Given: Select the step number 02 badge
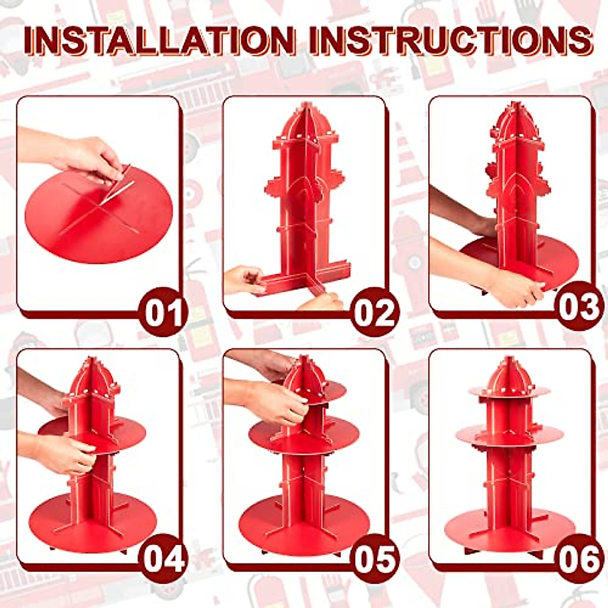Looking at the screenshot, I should [x=374, y=312].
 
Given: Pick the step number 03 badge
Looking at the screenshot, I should [x=579, y=306].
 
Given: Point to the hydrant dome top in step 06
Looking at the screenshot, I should [x=509, y=372].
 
